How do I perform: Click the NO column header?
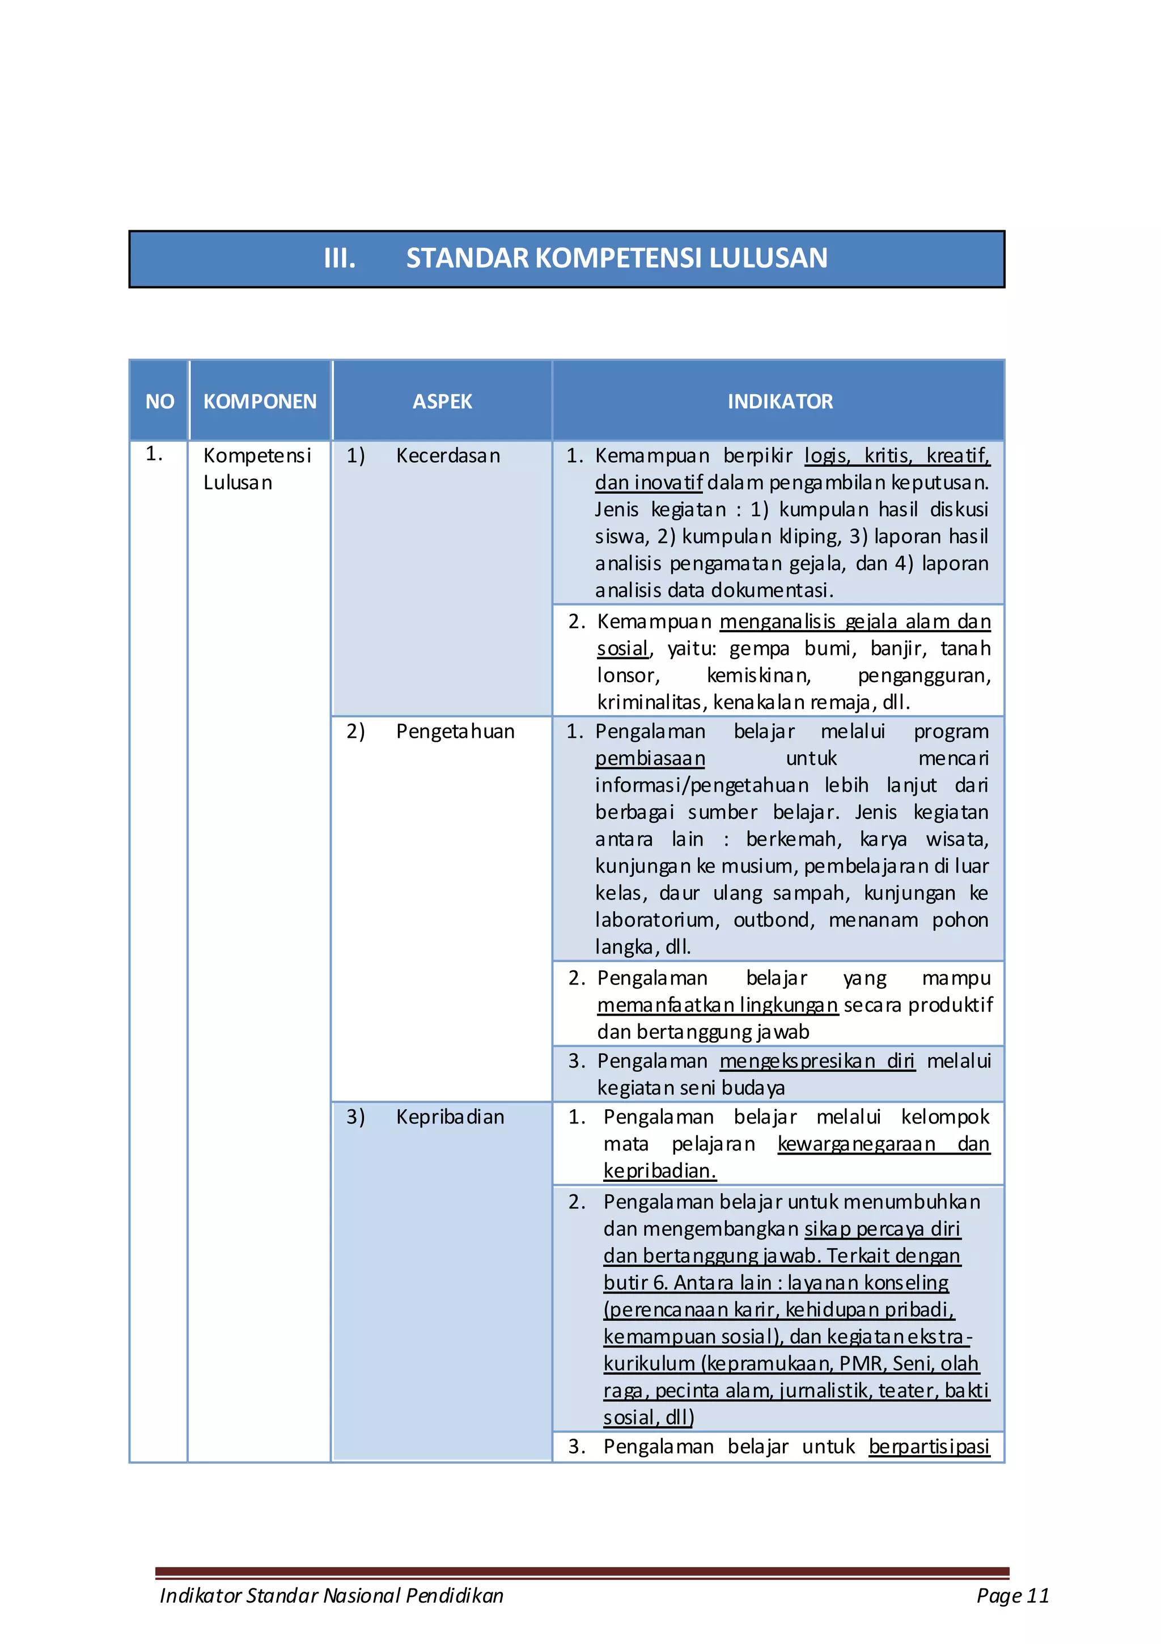160,401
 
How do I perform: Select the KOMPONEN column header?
259,401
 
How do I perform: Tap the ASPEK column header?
442,401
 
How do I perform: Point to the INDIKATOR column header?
779,401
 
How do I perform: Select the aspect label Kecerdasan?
447,455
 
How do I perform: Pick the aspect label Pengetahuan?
455,731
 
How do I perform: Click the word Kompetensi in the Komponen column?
257,455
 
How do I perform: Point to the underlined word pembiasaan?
650,758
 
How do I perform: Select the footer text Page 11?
1012,1595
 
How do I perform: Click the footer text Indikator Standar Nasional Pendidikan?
332,1595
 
